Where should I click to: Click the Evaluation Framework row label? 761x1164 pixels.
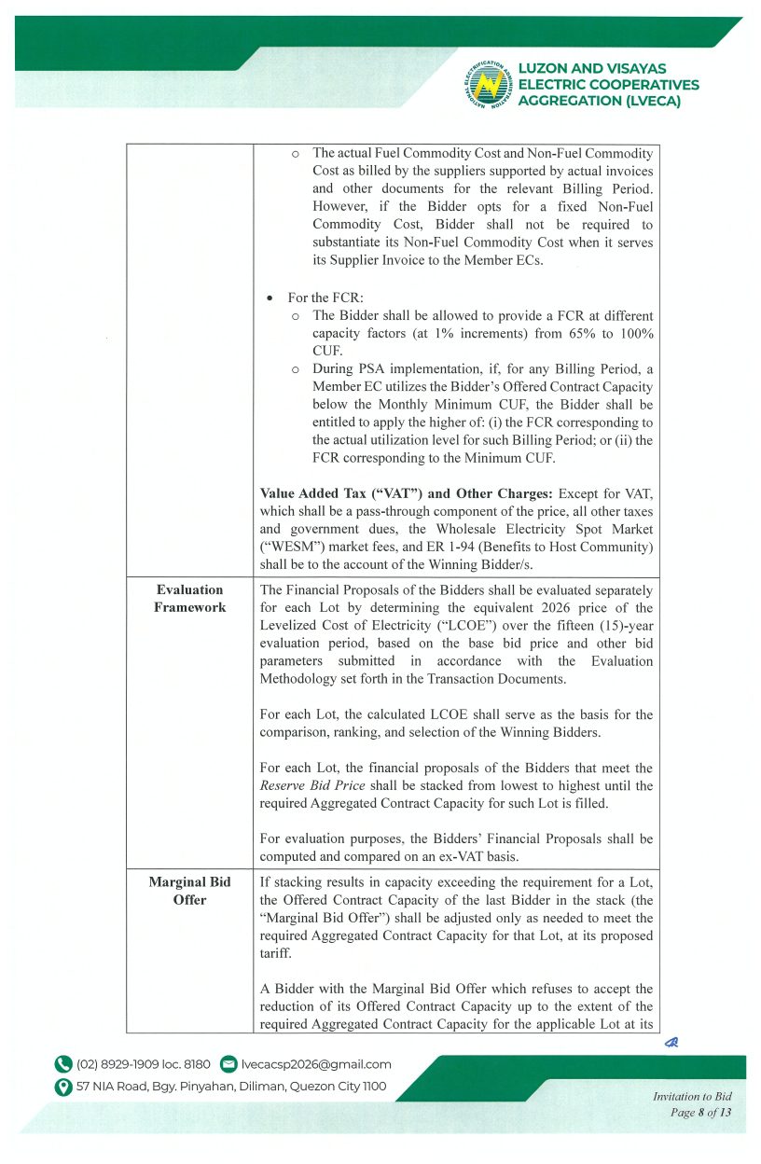[x=189, y=598]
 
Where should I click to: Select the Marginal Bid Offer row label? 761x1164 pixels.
[x=189, y=891]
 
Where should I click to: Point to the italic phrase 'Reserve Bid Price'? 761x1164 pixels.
[x=299, y=785]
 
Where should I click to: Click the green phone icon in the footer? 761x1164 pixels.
[x=63, y=1064]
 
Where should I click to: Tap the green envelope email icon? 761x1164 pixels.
[x=228, y=1064]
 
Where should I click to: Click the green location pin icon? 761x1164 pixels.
[x=63, y=1087]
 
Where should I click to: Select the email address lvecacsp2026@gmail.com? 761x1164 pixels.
[x=316, y=1064]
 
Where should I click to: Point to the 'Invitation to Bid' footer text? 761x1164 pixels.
[x=692, y=1097]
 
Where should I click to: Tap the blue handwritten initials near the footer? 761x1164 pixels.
[x=670, y=1044]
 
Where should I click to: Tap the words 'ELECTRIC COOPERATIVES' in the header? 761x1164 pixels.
[x=608, y=85]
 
